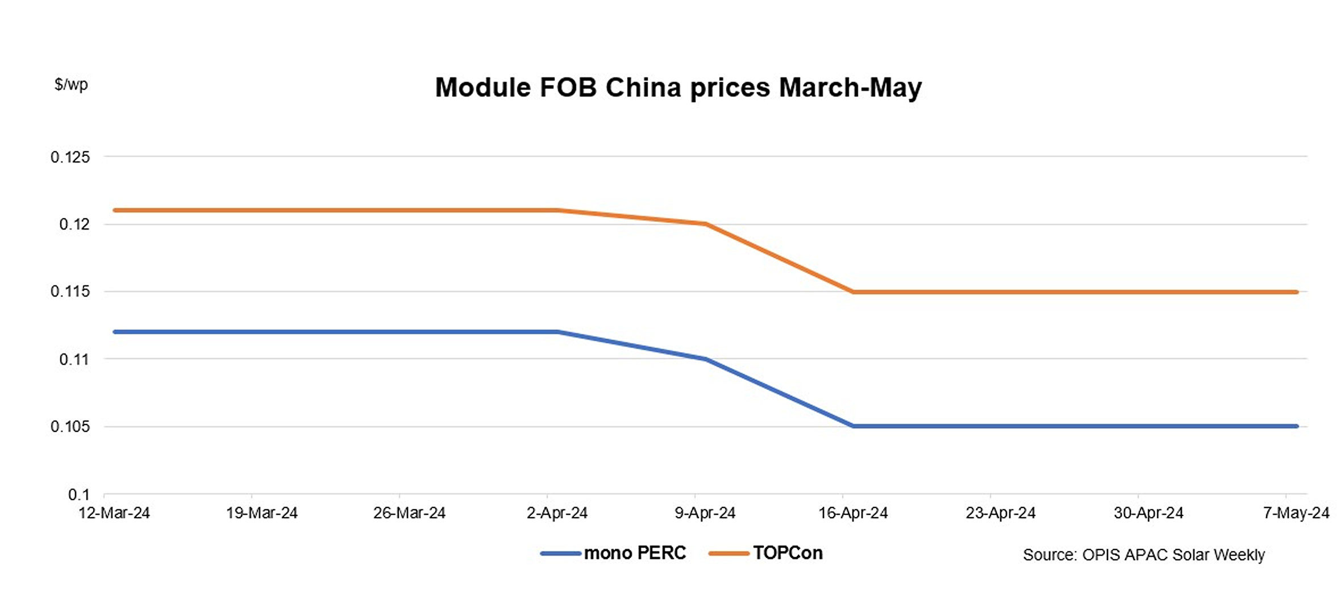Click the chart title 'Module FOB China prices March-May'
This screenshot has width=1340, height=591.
click(678, 88)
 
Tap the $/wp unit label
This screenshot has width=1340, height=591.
click(71, 85)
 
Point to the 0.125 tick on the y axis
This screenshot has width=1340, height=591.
click(70, 157)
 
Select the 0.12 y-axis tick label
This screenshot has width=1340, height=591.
click(74, 224)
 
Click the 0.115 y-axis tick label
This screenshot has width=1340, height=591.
click(70, 292)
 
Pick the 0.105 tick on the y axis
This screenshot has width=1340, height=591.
click(70, 426)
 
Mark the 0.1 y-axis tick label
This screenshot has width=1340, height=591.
click(79, 494)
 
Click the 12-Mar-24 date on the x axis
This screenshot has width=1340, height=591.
click(114, 513)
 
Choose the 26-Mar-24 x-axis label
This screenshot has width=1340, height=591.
click(409, 513)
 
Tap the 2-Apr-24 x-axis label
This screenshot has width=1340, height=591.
click(557, 513)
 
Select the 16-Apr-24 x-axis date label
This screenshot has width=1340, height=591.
click(852, 513)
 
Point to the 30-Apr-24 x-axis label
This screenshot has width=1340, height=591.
click(1148, 513)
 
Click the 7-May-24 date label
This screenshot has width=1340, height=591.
click(1296, 513)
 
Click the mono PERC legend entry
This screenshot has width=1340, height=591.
click(614, 553)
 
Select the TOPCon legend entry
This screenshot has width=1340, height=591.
click(766, 553)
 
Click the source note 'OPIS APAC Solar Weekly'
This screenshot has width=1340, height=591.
click(1143, 555)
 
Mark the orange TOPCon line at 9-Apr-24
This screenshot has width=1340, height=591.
click(705, 224)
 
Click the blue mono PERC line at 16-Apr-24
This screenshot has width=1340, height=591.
click(853, 426)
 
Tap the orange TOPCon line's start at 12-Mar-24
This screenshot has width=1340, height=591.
click(115, 210)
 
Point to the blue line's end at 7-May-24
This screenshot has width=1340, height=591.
click(1296, 426)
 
